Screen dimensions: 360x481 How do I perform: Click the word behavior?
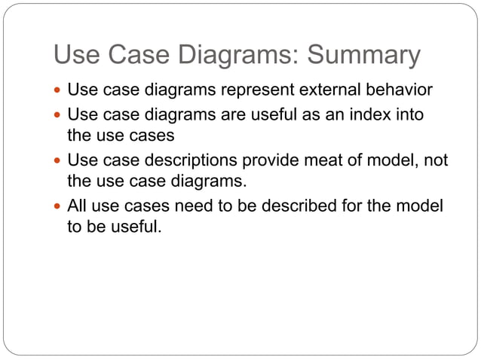point(399,90)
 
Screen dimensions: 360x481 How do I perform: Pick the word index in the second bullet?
point(362,115)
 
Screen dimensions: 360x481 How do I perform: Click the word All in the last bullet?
point(78,205)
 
